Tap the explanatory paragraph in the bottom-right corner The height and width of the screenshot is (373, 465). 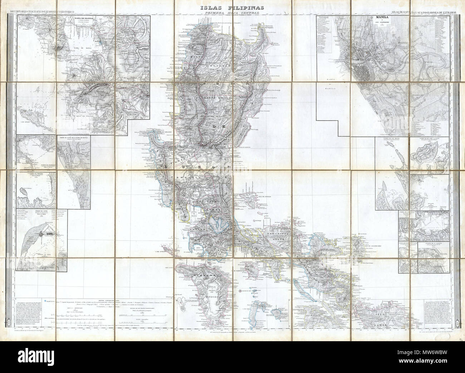436,314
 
